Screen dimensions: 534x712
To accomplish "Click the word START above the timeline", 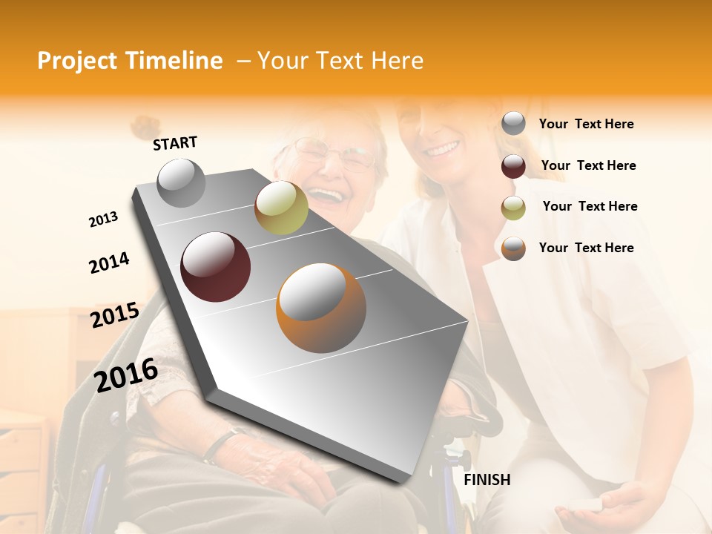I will coord(175,143).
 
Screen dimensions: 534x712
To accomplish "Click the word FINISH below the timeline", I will coord(487,480).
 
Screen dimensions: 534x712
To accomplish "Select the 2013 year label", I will coord(103,220).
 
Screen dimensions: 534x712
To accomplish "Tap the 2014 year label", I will coord(109,263).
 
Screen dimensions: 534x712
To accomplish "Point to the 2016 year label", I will coord(126,375).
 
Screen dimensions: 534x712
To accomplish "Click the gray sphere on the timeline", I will coord(181,182).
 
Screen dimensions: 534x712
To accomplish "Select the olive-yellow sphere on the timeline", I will coord(281,208).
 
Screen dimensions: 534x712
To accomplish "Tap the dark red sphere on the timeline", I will coord(215,267).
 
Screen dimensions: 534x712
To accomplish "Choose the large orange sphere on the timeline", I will coord(321,308).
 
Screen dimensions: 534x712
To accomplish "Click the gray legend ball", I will coord(513,124).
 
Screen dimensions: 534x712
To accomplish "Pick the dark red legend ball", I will coord(513,166).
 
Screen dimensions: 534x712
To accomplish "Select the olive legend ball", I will coord(513,208).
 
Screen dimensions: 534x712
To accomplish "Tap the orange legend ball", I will coord(513,248).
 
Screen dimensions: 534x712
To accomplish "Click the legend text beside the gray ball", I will coord(586,124).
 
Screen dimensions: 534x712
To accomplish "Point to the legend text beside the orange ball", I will coord(586,248).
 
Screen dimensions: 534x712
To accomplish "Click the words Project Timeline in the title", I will coord(130,61).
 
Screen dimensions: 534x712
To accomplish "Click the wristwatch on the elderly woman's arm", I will coord(222,442).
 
